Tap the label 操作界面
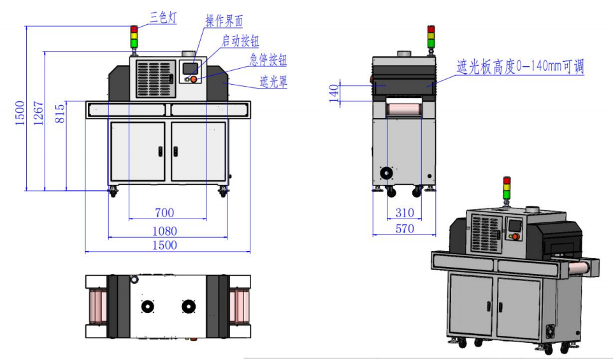click(x=224, y=20)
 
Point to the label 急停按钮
click(x=268, y=61)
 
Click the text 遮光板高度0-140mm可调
click(x=520, y=66)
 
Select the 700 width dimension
click(x=166, y=212)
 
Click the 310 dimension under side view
click(x=404, y=213)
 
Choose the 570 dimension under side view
click(x=404, y=228)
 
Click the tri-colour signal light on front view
click(x=134, y=38)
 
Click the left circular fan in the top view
click(x=147, y=306)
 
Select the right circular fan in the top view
click(x=187, y=306)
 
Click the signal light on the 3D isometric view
click(x=507, y=188)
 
